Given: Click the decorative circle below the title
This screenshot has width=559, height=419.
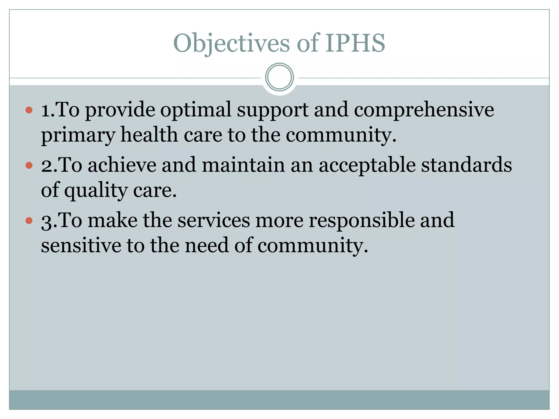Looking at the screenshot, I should (279, 77).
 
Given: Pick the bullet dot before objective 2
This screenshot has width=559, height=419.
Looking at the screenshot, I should (29, 165).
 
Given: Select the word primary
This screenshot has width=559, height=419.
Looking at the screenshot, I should (78, 135).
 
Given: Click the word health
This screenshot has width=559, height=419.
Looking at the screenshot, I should (149, 135).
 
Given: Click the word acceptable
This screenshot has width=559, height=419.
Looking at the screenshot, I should (367, 166).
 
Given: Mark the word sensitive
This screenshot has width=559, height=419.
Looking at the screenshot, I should (81, 245).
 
